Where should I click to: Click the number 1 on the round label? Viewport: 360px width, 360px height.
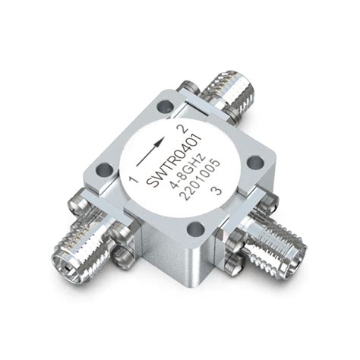click(133, 180)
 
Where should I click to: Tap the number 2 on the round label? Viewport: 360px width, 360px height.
click(180, 116)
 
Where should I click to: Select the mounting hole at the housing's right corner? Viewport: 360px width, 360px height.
click(257, 161)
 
